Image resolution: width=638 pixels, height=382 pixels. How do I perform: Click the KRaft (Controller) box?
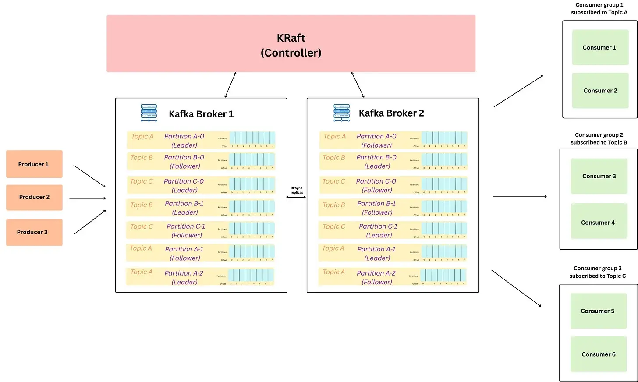tap(291, 44)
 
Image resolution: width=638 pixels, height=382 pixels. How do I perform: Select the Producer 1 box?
tap(34, 164)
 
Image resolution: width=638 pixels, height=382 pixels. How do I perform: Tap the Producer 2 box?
tap(34, 197)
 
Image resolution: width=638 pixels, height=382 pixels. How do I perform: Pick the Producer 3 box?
tap(34, 232)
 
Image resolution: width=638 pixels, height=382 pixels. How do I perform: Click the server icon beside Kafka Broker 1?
tap(149, 113)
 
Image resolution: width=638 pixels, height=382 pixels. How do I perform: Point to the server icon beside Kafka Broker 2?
tap(341, 113)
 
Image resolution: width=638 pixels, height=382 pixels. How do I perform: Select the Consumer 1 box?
tap(600, 47)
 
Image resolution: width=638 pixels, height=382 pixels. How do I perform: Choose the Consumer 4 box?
tap(599, 223)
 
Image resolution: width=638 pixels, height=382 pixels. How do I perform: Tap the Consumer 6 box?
tap(599, 354)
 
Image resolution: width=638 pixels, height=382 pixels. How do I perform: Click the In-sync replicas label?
tap(297, 190)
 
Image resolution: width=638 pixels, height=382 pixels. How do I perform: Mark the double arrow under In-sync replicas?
tap(297, 197)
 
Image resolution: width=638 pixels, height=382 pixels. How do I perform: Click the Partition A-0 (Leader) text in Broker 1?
tap(184, 141)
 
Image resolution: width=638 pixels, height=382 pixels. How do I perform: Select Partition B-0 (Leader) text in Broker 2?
tap(376, 162)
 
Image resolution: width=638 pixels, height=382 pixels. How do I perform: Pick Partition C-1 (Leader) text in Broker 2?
tap(378, 230)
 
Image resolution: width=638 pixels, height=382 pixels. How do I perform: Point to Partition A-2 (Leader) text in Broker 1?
tap(184, 277)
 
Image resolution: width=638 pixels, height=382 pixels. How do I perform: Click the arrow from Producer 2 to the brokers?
tap(88, 198)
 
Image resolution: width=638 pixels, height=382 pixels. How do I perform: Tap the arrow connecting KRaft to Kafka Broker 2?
tap(358, 85)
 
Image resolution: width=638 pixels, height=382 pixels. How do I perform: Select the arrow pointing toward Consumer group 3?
tap(516, 288)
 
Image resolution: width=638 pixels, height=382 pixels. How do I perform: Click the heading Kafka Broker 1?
tap(201, 114)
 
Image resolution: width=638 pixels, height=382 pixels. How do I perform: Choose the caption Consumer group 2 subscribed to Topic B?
tap(599, 139)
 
